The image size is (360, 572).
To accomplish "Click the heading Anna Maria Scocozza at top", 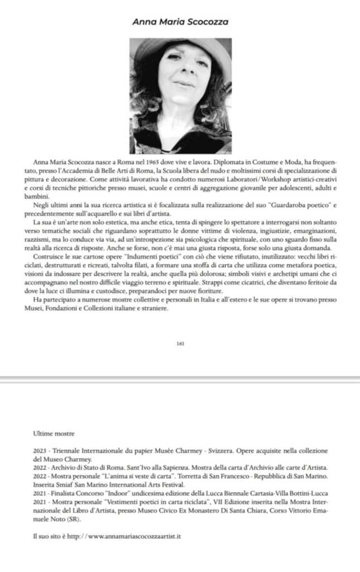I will click(180, 21).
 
